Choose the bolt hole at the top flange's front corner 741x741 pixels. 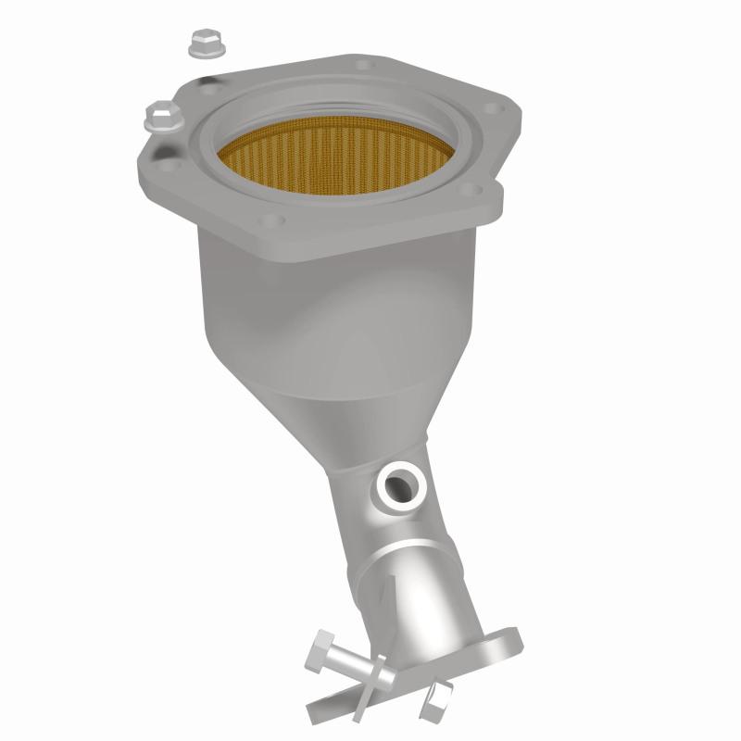click(x=270, y=220)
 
